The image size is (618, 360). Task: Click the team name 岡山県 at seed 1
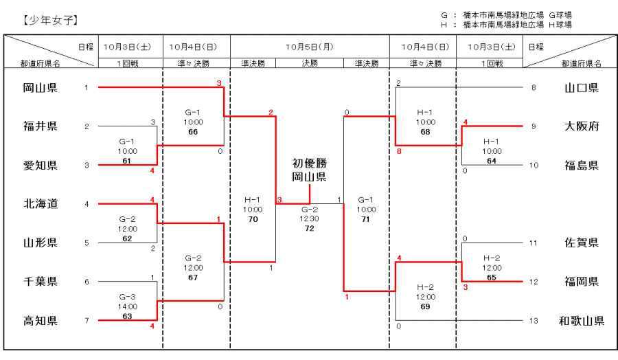40,87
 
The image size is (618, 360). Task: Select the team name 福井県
40,126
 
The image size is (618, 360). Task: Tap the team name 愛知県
40,166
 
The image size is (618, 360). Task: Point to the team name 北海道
40,203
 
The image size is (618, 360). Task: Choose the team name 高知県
40,321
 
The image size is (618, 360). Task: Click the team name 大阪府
582,126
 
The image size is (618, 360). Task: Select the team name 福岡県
582,282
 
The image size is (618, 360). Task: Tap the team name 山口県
582,87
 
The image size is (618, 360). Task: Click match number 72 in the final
310,228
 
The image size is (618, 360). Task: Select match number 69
425,306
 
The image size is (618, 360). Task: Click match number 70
253,218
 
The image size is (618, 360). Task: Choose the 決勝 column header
309,63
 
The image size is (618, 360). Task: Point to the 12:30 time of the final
310,219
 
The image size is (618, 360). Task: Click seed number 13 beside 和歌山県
534,321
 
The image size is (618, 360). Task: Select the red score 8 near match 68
399,151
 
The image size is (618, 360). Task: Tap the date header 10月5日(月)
309,47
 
